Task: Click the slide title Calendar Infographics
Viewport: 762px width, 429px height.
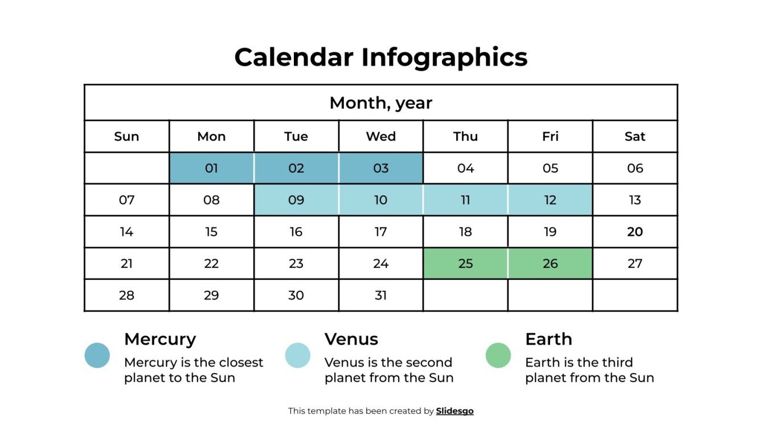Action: tap(380, 57)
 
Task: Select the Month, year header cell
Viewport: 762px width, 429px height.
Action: tap(380, 103)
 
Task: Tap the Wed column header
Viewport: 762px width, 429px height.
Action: tap(380, 137)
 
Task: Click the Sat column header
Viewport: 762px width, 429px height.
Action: tap(634, 137)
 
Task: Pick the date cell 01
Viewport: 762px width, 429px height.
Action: tap(211, 169)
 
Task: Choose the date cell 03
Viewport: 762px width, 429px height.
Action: tap(380, 169)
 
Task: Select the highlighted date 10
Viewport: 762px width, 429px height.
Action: tap(380, 200)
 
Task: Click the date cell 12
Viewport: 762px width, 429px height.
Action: tap(550, 200)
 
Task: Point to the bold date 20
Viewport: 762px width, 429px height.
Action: tap(634, 232)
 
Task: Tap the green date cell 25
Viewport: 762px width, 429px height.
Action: tap(465, 264)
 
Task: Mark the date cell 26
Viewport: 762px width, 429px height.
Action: tap(550, 264)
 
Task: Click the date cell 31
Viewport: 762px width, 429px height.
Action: tap(380, 296)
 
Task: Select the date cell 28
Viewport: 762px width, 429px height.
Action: tap(126, 296)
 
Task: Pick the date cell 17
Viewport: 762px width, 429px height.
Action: tap(380, 232)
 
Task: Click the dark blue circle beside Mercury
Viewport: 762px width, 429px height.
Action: tap(97, 356)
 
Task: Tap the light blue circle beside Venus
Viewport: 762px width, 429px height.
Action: tap(298, 356)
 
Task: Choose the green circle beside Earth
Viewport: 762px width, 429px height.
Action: tap(498, 356)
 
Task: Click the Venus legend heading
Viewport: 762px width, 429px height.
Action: tap(351, 339)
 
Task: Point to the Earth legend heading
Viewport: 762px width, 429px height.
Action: tap(548, 339)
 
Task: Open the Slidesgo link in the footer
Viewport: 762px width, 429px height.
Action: tap(454, 411)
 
